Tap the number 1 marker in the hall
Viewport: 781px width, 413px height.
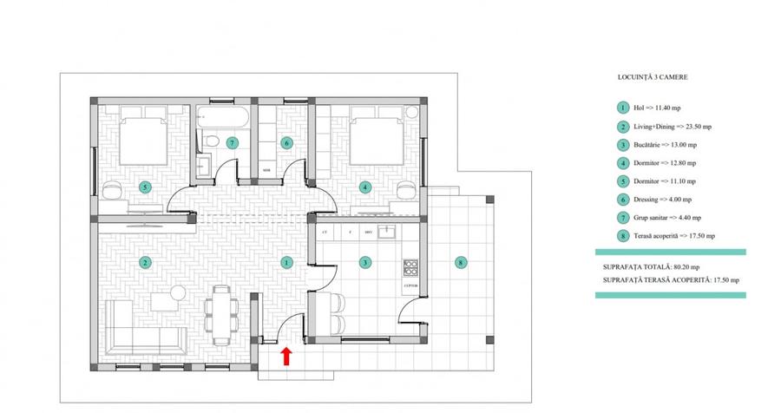pyautogui.click(x=287, y=261)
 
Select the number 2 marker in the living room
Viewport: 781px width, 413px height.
pyautogui.click(x=145, y=261)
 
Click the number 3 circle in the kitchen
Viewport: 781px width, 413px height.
pyautogui.click(x=365, y=261)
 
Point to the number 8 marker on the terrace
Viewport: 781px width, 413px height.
pyautogui.click(x=461, y=261)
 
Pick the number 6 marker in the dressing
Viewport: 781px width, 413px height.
pyautogui.click(x=286, y=142)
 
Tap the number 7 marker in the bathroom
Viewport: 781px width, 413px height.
pyautogui.click(x=232, y=142)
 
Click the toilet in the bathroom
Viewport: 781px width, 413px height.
pyautogui.click(x=209, y=141)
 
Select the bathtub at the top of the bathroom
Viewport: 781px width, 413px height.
pyautogui.click(x=223, y=115)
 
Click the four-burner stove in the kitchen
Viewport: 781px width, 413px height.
pyautogui.click(x=410, y=266)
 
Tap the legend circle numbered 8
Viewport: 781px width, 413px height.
pyautogui.click(x=622, y=235)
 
